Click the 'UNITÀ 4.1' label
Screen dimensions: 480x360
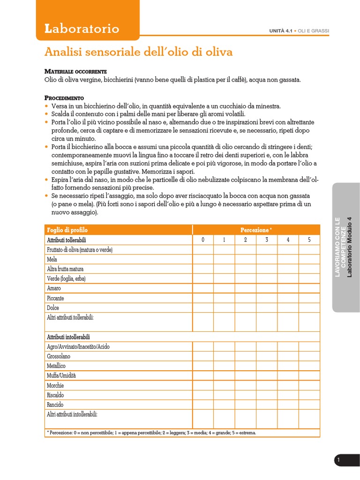280,31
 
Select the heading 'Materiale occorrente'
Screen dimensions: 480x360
75,72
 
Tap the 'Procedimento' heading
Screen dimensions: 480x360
64,98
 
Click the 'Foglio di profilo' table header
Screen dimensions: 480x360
67,230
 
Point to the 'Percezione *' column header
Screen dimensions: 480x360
256,230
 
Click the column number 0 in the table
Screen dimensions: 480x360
203,240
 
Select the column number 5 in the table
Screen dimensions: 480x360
309,240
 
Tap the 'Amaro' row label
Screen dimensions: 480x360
54,288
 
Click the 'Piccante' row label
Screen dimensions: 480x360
55,298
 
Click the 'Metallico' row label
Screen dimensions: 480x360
56,366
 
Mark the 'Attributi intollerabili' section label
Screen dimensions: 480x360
68,337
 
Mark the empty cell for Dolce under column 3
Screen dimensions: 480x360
266,308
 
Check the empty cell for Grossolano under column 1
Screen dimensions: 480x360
224,356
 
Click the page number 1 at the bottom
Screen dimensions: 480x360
338,461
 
